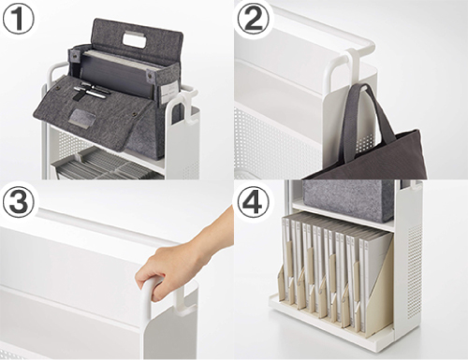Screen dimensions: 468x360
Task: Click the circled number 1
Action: point(18,19)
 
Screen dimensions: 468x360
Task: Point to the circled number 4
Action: point(253,203)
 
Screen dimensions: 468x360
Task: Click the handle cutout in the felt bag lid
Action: point(136,40)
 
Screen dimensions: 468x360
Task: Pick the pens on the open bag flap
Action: point(91,91)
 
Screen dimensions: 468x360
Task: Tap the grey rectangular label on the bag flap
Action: point(82,118)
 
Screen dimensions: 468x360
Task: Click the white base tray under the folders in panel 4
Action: point(330,320)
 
